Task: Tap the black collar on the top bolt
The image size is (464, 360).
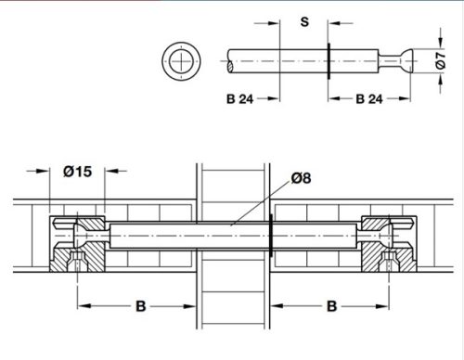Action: click(329, 60)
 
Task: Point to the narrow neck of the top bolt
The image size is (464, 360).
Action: click(394, 61)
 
